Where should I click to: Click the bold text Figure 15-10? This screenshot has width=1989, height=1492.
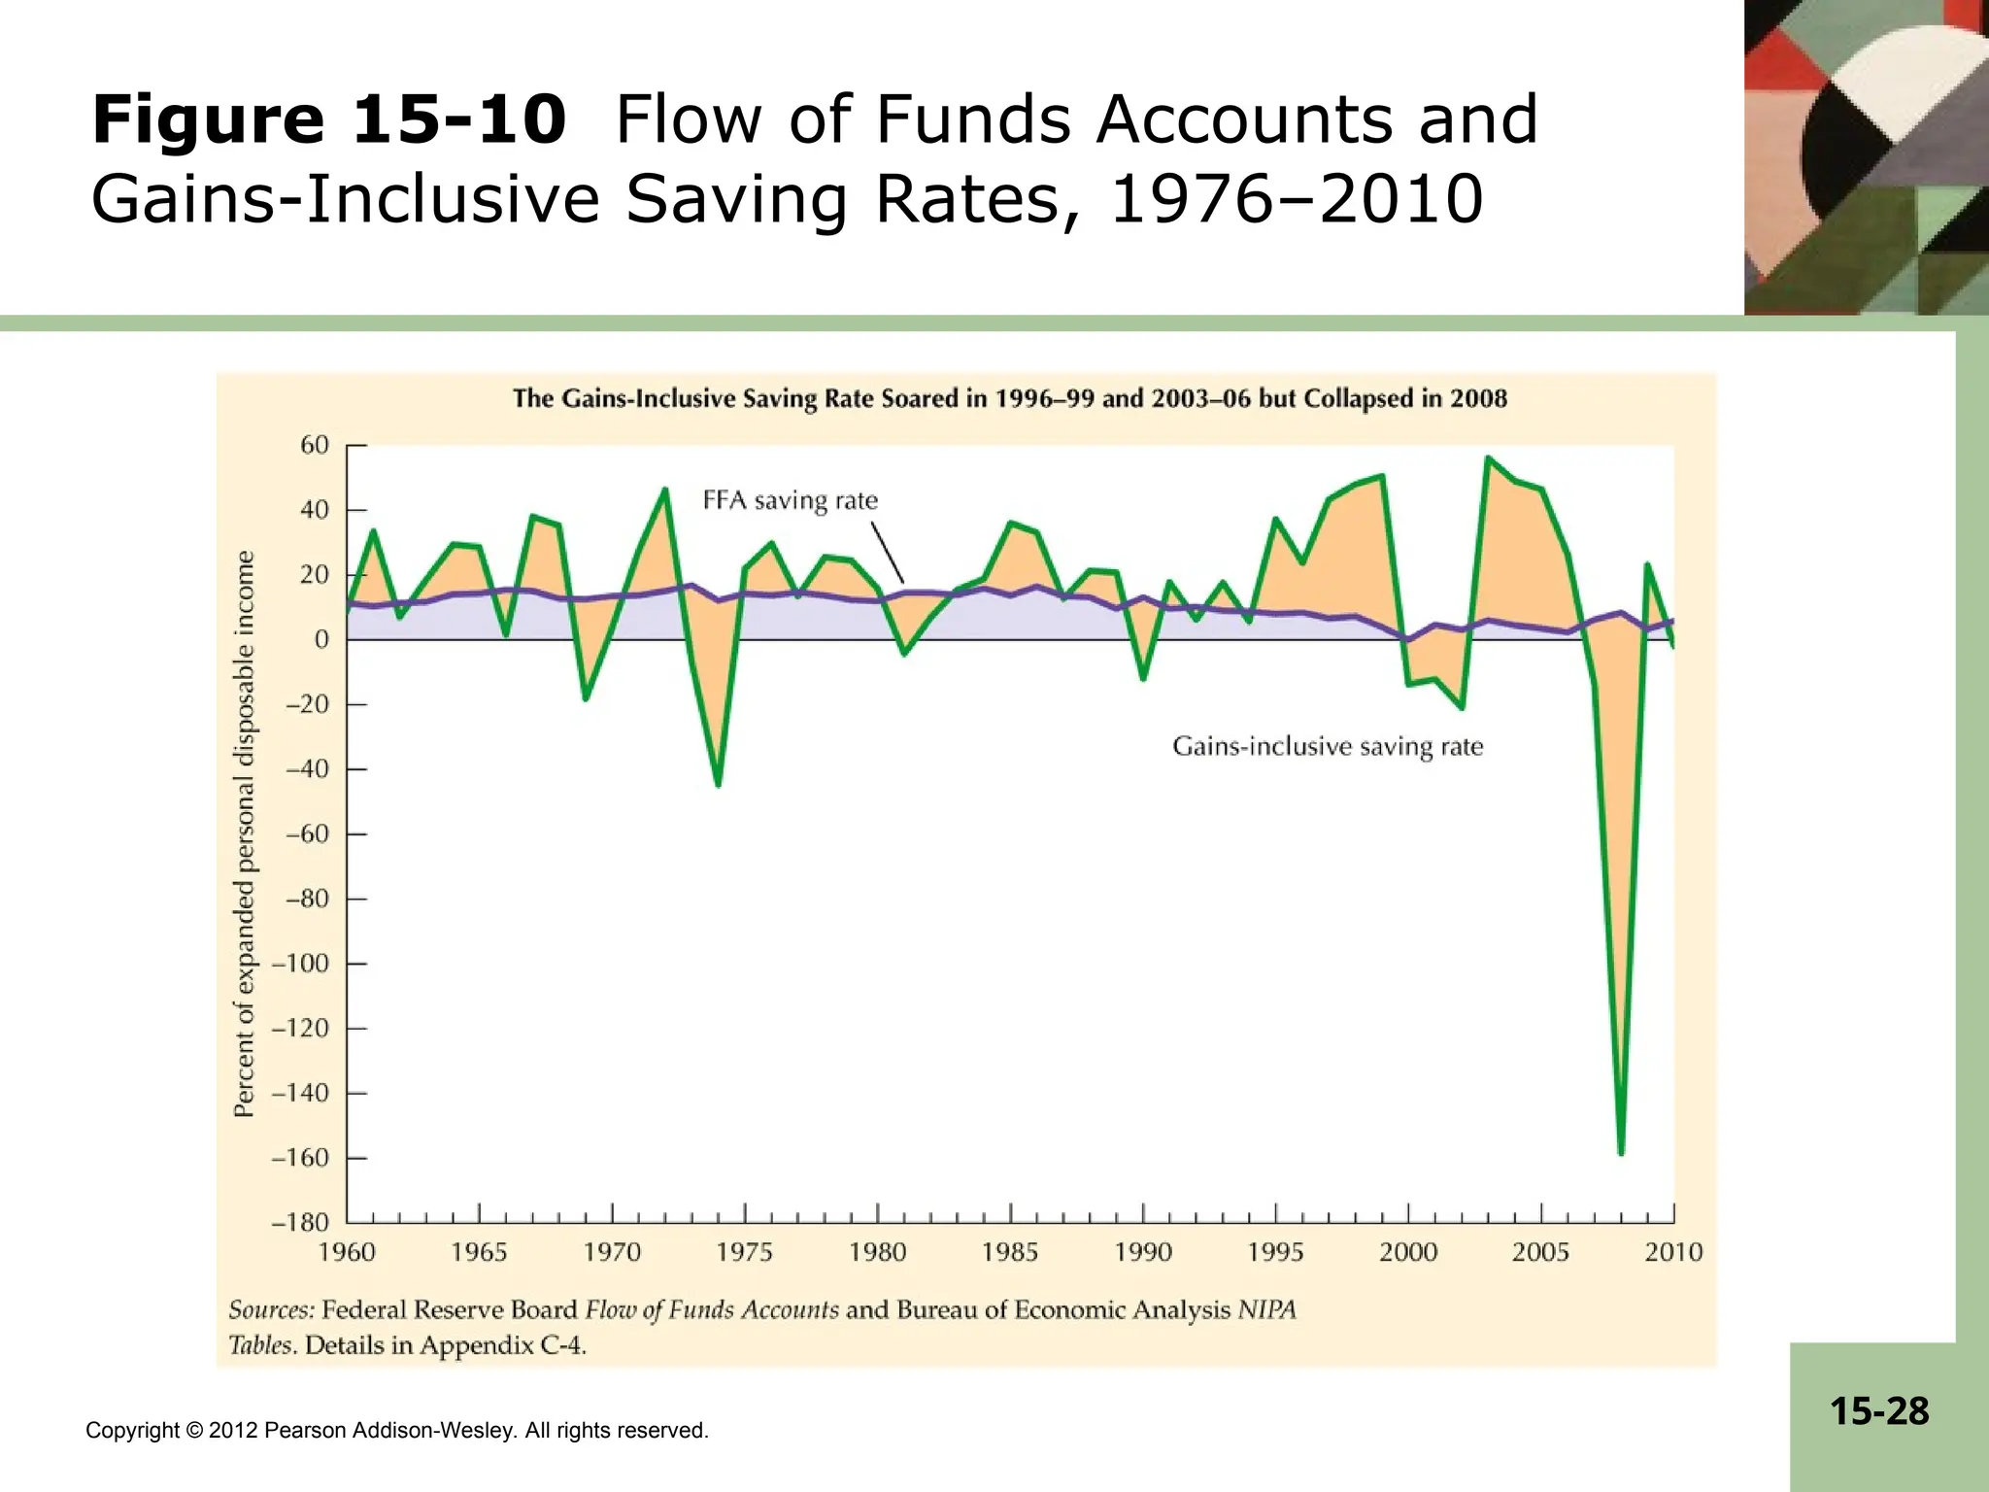(x=328, y=121)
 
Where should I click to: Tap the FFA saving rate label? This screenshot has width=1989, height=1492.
(x=790, y=501)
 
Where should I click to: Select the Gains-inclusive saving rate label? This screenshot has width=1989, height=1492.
(x=1327, y=747)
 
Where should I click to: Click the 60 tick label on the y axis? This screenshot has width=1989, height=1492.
(x=315, y=445)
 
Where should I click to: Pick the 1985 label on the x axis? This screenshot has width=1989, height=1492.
(x=1010, y=1252)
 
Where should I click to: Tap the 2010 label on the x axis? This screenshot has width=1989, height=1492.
(x=1673, y=1252)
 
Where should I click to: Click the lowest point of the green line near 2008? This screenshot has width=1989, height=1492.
(x=1621, y=1152)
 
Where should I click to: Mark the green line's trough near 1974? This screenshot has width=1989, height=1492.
(x=718, y=784)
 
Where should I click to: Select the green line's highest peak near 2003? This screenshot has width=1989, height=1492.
(x=1488, y=458)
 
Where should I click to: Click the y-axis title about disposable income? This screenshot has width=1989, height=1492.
(x=245, y=833)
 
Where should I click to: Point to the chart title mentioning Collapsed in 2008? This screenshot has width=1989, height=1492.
(x=1010, y=399)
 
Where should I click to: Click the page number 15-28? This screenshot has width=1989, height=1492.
(x=1879, y=1410)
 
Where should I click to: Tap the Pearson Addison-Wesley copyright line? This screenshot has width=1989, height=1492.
(x=396, y=1430)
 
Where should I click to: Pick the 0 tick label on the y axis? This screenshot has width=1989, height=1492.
(x=321, y=639)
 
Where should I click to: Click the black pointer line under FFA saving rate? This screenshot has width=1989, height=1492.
(x=888, y=552)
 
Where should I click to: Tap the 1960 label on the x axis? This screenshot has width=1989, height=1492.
(x=347, y=1252)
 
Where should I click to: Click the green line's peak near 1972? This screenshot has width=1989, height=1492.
(x=665, y=490)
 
